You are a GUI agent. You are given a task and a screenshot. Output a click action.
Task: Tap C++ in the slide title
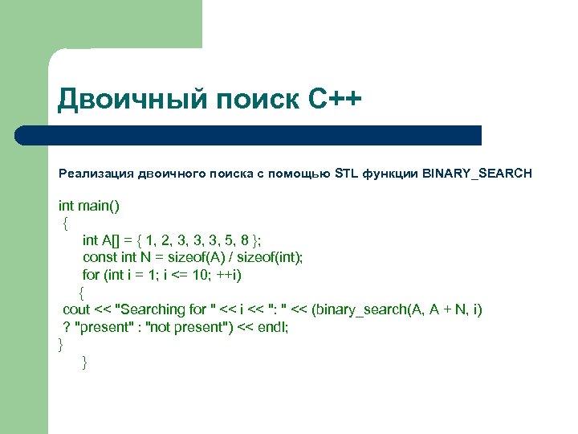coord(335,101)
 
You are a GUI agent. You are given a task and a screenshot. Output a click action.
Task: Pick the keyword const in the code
coord(100,257)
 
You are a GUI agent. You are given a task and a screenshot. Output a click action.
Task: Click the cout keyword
coord(76,309)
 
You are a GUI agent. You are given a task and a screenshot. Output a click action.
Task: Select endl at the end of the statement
coord(273,327)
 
